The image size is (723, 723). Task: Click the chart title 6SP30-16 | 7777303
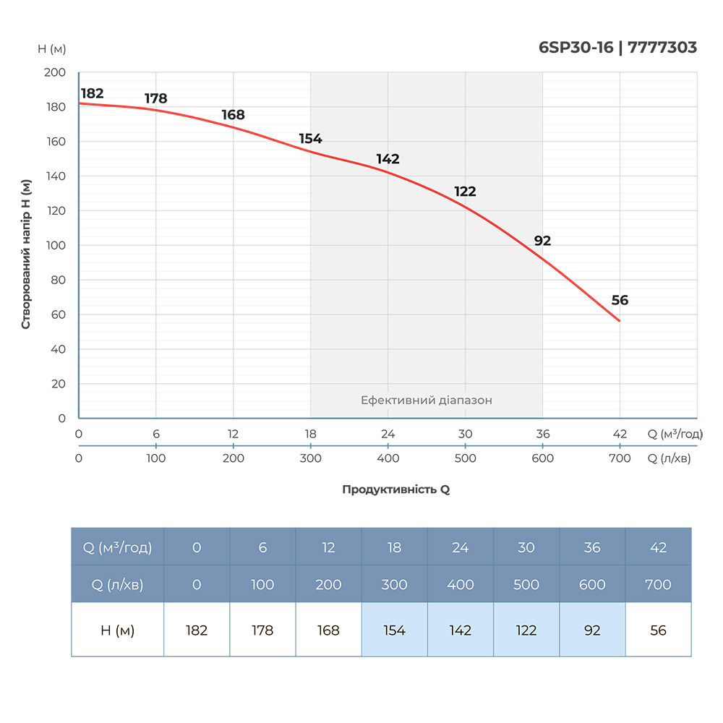click(617, 48)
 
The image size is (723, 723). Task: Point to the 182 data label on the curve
click(92, 93)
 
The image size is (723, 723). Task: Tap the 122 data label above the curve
click(465, 192)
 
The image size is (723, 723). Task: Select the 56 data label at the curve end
click(620, 301)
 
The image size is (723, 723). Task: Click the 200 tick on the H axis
click(55, 73)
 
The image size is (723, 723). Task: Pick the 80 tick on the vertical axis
click(58, 280)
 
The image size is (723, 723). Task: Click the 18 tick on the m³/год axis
click(311, 434)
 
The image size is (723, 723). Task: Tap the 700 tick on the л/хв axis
click(620, 458)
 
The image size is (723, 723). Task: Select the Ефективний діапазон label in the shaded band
click(427, 400)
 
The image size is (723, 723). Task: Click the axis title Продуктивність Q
click(395, 489)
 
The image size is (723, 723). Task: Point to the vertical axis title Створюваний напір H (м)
click(26, 254)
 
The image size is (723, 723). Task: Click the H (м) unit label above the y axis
click(52, 48)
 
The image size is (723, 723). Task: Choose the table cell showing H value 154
click(394, 630)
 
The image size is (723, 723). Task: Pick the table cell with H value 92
click(592, 630)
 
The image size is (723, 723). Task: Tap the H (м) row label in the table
click(117, 630)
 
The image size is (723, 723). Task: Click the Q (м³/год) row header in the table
click(117, 547)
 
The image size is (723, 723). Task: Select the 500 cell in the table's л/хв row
click(526, 584)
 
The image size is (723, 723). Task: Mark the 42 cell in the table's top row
click(658, 547)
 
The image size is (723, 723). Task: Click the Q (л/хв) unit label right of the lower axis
click(669, 458)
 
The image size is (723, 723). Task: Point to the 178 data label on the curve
click(155, 98)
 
